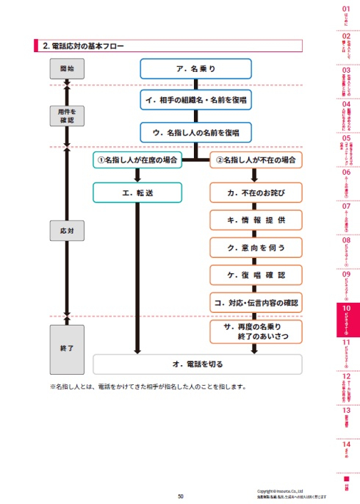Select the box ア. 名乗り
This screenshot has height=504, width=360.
(195, 68)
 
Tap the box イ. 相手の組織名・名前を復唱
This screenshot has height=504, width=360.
(195, 98)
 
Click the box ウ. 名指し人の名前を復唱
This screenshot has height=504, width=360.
(195, 132)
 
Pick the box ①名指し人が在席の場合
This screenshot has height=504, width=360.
(137, 159)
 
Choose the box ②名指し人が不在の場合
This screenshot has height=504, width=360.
(256, 159)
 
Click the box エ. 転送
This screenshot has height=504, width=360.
(137, 192)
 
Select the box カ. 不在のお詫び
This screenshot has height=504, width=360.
(256, 192)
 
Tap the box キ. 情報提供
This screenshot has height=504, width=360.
(256, 220)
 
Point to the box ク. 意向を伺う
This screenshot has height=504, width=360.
(256, 247)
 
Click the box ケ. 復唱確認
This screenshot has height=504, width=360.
(256, 275)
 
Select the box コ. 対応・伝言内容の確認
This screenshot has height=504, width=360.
(256, 301)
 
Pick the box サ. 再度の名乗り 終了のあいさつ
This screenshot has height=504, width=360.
(256, 332)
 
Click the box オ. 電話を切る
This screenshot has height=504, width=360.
(197, 364)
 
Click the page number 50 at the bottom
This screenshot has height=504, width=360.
(180, 497)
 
